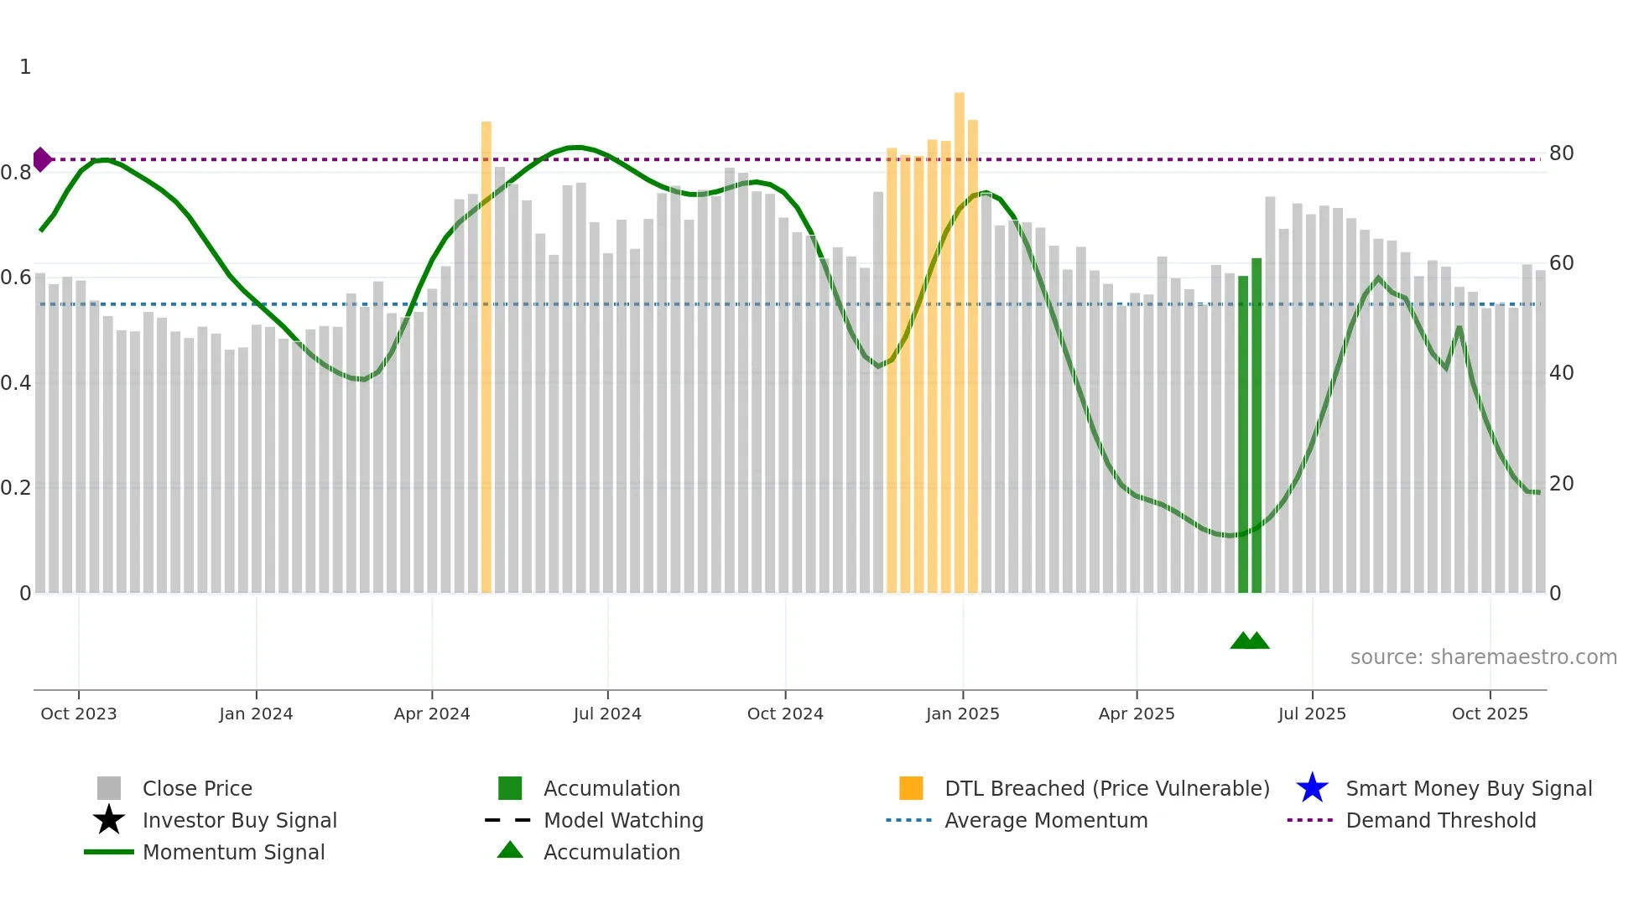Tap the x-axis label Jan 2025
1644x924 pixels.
point(962,714)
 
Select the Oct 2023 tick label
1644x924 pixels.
point(79,714)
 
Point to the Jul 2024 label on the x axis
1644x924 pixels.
point(607,714)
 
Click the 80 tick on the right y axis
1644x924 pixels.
point(1561,153)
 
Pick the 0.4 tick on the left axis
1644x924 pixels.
point(16,383)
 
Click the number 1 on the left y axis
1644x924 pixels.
point(25,67)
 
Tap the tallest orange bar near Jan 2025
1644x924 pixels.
point(959,335)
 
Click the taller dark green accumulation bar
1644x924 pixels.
point(1256,419)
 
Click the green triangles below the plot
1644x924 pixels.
point(1250,641)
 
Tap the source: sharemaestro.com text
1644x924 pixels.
point(1483,657)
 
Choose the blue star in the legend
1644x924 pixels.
point(1312,788)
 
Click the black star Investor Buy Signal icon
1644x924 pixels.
point(109,820)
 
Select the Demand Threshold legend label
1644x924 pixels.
point(1440,820)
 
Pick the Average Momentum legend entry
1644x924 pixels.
point(1045,820)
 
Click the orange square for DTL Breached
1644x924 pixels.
point(911,788)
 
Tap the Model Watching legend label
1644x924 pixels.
point(623,820)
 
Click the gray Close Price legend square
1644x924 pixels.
point(109,788)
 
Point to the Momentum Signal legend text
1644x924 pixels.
point(233,852)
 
